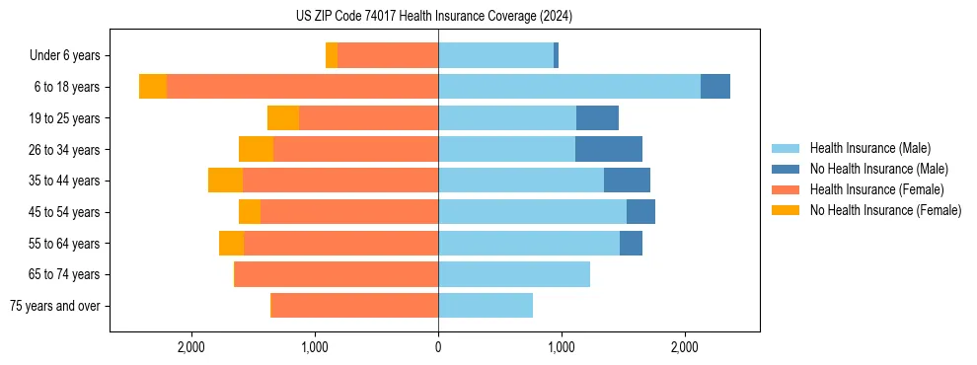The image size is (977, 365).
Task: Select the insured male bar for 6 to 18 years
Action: click(x=568, y=87)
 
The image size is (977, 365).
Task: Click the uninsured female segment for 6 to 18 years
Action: click(x=153, y=87)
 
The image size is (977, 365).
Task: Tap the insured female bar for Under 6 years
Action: click(x=387, y=55)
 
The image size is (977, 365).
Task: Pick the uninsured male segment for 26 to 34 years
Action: click(x=608, y=149)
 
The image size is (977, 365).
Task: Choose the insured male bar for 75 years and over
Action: click(x=485, y=306)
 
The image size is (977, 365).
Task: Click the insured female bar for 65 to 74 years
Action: click(x=336, y=274)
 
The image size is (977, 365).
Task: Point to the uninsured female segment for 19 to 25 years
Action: click(x=283, y=118)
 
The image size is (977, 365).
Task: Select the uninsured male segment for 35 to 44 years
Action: click(x=627, y=181)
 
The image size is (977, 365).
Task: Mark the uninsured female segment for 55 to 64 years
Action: click(x=231, y=243)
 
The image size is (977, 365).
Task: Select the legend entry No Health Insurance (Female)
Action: click(x=885, y=210)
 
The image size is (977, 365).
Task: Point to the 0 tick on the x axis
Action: click(x=438, y=346)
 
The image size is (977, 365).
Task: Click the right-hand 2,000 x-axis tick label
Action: click(x=685, y=346)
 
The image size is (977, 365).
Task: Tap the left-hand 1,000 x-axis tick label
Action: click(x=315, y=346)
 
